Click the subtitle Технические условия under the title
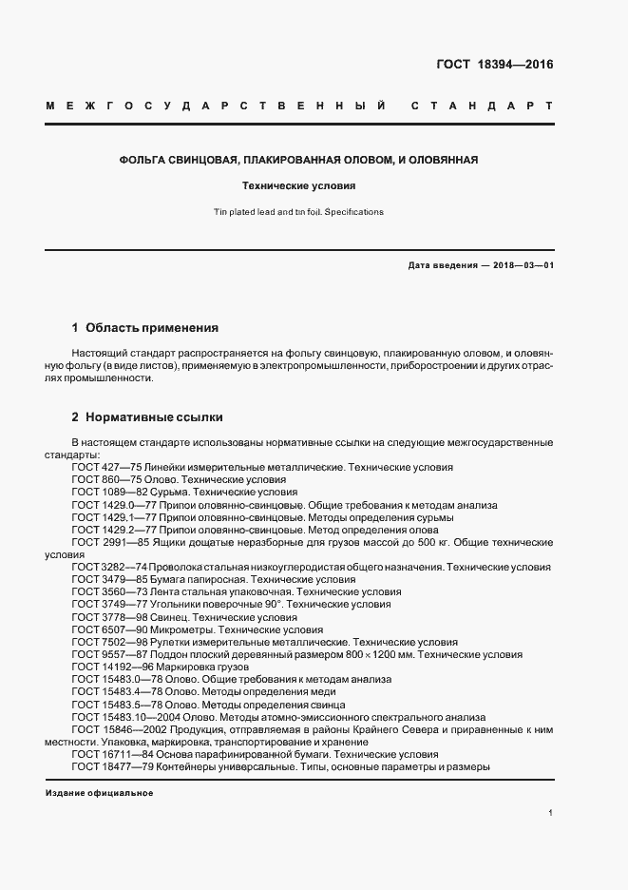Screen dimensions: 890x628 (314, 186)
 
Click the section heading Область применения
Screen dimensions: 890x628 (152, 327)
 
